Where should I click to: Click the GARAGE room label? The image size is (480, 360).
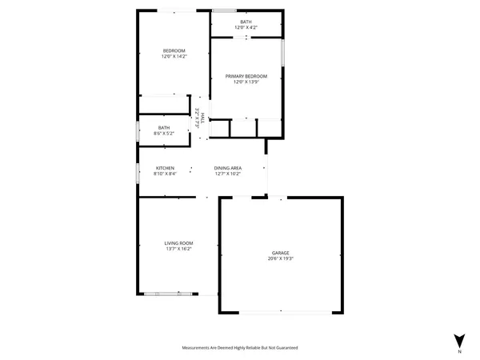pos(279,253)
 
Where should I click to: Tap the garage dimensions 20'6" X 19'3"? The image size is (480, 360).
pos(279,258)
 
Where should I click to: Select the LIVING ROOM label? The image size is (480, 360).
pos(179,242)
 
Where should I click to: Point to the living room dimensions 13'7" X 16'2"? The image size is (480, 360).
pos(179,248)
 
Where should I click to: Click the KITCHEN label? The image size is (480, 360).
pos(165,168)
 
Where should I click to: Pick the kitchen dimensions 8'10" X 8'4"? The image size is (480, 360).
pos(165,174)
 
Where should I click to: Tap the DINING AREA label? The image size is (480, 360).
pos(227,168)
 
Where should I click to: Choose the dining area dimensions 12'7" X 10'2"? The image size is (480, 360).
pos(227,174)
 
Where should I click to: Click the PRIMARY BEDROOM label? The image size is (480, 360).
pos(246,76)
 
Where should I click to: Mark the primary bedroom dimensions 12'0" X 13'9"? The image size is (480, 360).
pos(246,82)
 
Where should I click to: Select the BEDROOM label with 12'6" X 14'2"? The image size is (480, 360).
pos(174,50)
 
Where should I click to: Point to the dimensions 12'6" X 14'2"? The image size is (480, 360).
pos(174,56)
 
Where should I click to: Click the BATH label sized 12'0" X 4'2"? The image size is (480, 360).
pos(246,23)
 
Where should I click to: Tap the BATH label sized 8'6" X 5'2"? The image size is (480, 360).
pos(164,127)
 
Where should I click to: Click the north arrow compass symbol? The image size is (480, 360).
pos(458,338)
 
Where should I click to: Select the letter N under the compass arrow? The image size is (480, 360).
pos(459,351)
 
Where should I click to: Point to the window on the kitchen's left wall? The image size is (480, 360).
pos(138,170)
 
